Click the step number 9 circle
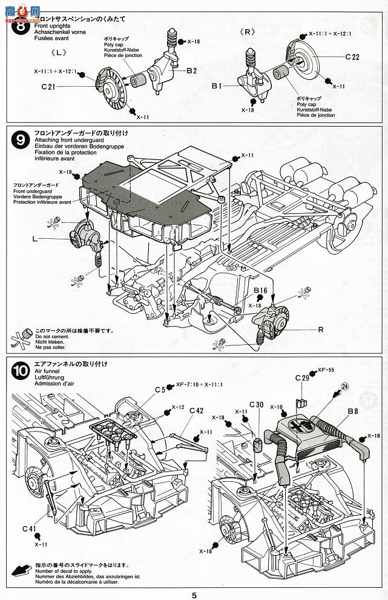(x=20, y=142)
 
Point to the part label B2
(x=191, y=71)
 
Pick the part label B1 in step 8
(x=218, y=87)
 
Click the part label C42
(x=197, y=410)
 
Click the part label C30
(x=256, y=405)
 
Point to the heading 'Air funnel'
(x=47, y=376)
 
